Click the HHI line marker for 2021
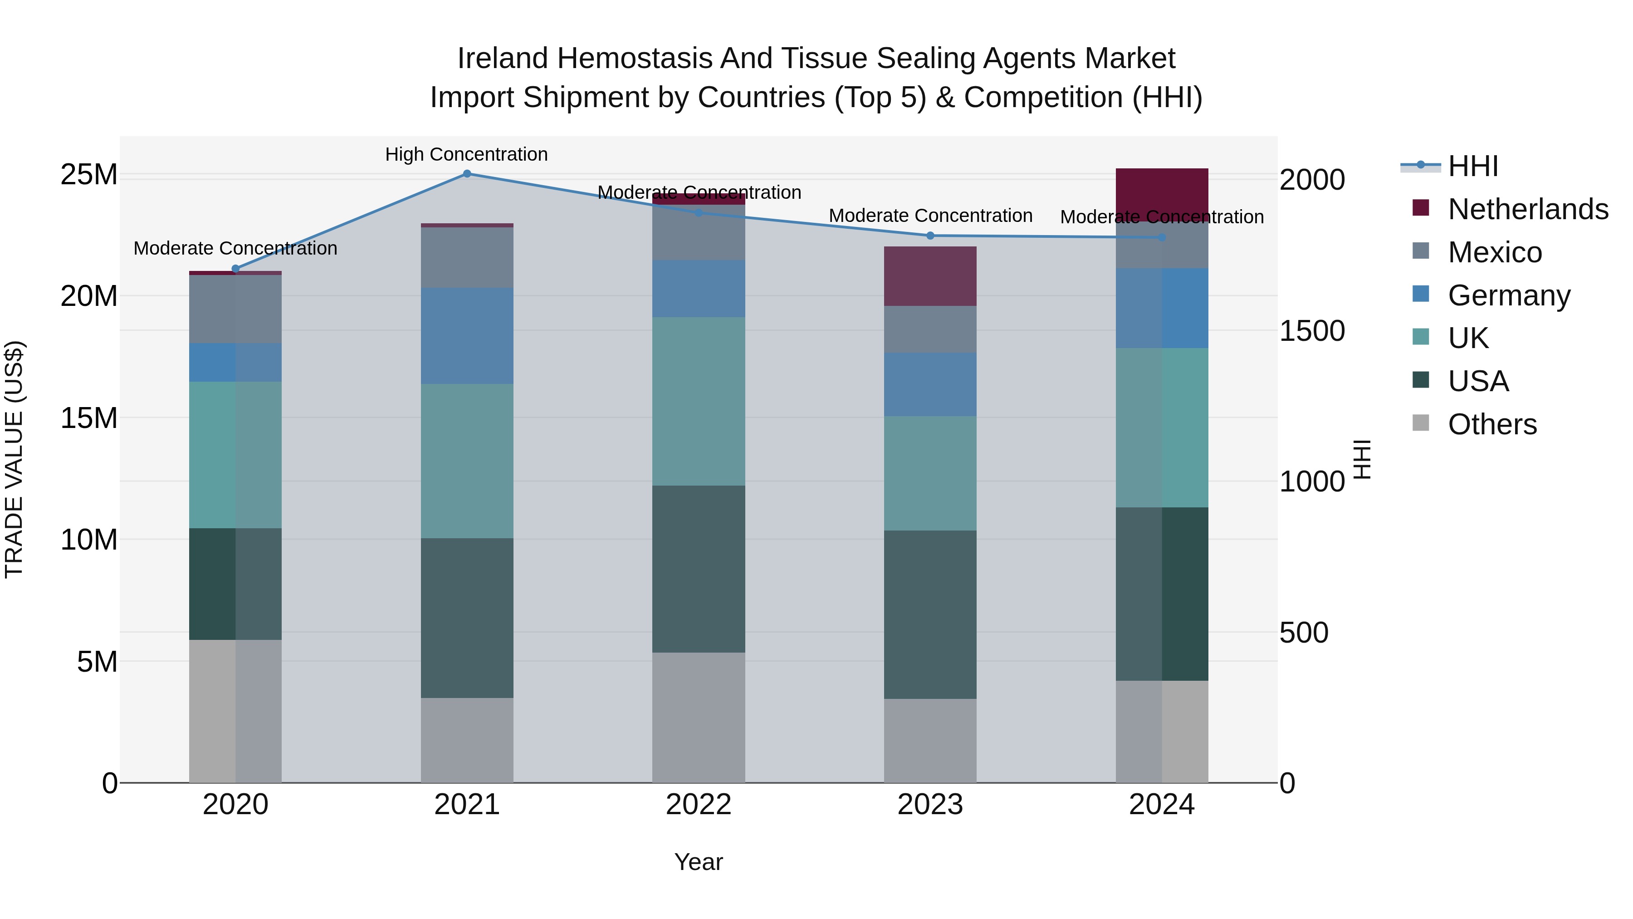[467, 174]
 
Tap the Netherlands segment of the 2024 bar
[1161, 190]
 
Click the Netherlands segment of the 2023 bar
[930, 276]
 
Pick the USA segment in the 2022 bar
[699, 569]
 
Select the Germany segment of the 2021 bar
[467, 335]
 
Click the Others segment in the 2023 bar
[930, 741]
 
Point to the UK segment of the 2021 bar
[467, 461]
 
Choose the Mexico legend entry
[1494, 252]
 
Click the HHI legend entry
[1472, 166]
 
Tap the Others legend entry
[1491, 424]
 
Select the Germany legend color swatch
[1421, 294]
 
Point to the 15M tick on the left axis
[89, 418]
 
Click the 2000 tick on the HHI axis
[1311, 180]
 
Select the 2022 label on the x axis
[699, 805]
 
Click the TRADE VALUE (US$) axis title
[14, 459]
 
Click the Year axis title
[699, 862]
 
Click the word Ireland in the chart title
[503, 59]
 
